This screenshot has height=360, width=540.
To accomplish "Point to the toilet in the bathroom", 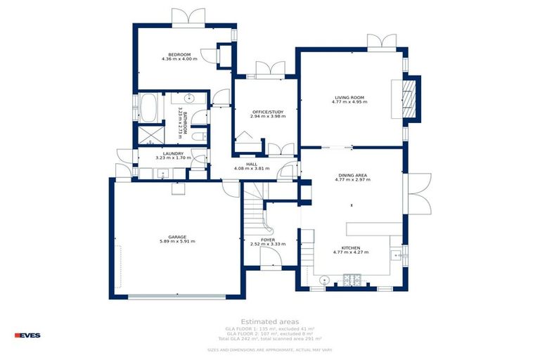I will (200, 136).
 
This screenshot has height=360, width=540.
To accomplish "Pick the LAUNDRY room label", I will (173, 153).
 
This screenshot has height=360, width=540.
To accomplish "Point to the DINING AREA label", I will (352, 174).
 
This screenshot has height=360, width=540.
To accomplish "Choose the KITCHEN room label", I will (351, 248).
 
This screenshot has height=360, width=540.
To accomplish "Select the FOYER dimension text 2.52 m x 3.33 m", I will (267, 244).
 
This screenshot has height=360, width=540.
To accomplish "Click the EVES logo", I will (27, 335).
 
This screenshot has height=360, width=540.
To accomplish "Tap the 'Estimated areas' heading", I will (269, 321).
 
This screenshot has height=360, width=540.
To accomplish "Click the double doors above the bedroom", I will (188, 17).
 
